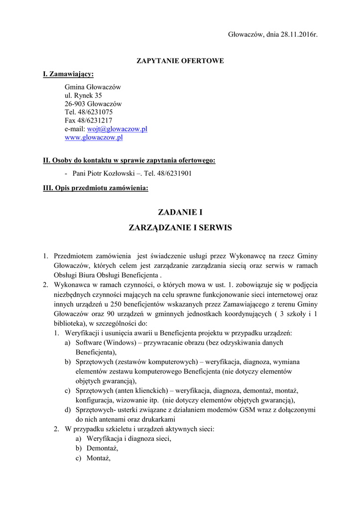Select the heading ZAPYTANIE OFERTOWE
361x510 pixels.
click(180, 61)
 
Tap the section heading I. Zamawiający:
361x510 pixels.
click(68, 74)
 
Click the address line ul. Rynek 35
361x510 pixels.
click(83, 95)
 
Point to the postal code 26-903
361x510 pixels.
click(75, 104)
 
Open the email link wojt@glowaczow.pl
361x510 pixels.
click(117, 129)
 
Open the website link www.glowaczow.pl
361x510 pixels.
click(94, 137)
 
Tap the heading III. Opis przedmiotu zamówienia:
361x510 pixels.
click(96, 188)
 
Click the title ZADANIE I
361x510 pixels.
click(180, 213)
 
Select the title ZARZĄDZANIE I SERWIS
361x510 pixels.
click(180, 228)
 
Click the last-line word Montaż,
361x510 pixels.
click(98, 458)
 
